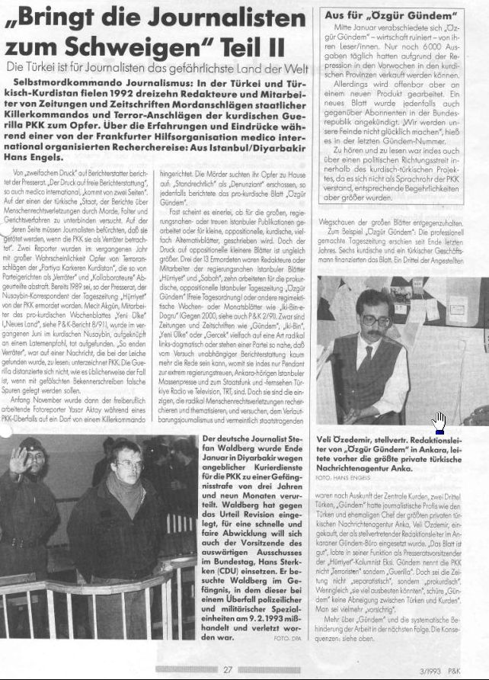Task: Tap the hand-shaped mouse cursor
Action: click(x=439, y=422)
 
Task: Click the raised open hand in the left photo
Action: click(x=16, y=461)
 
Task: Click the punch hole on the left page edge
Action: click(x=4, y=432)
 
